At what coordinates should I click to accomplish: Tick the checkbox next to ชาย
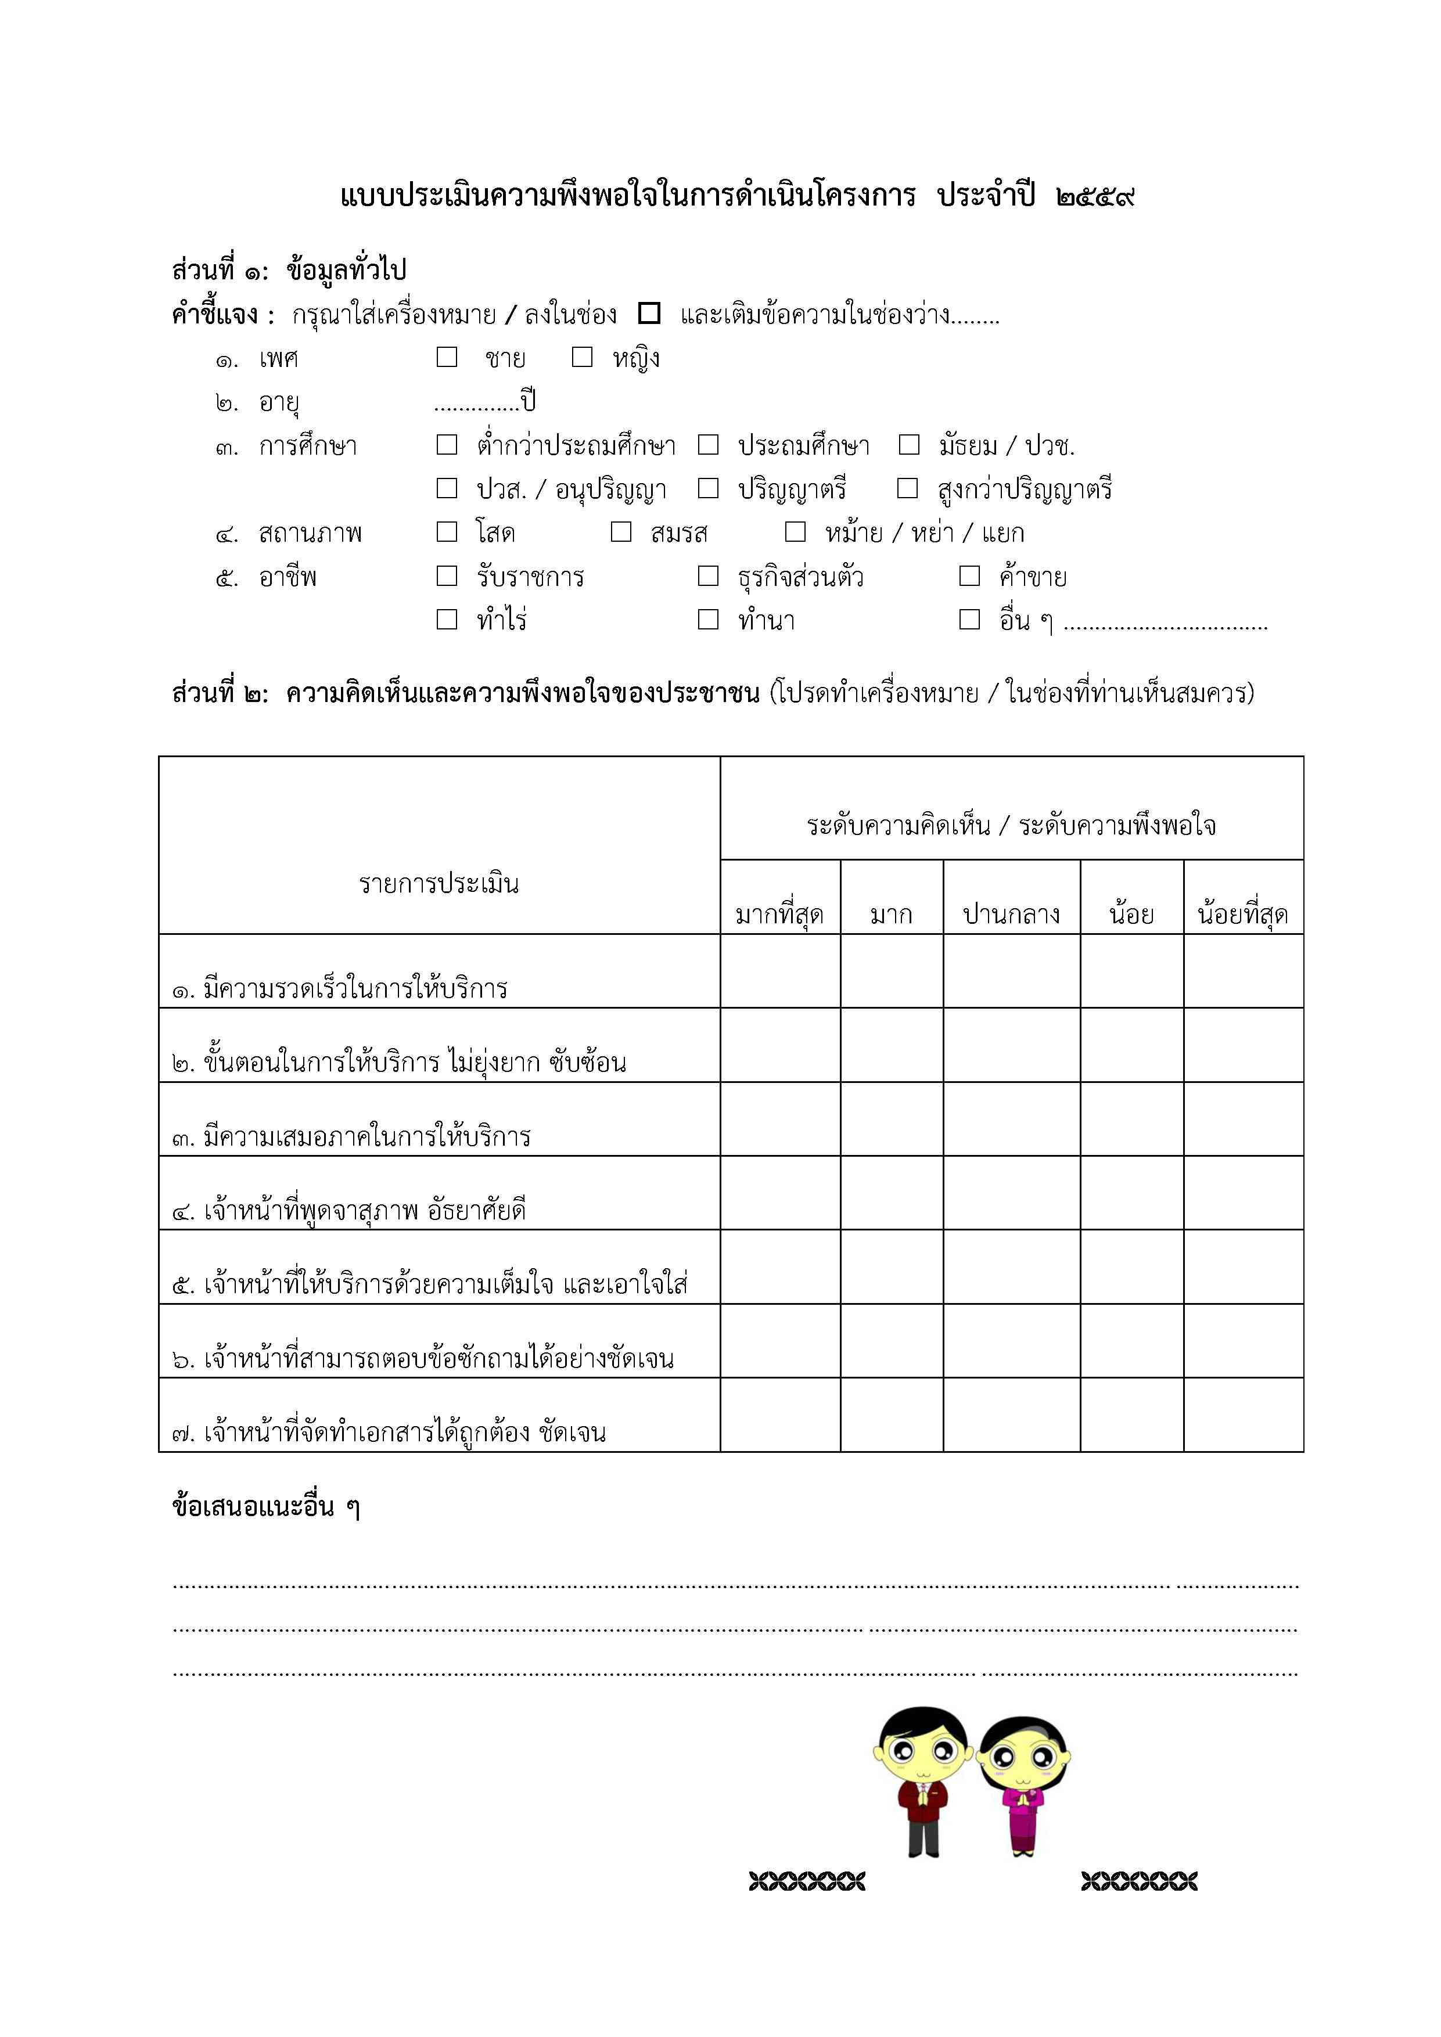447,357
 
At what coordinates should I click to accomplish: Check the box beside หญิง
582,357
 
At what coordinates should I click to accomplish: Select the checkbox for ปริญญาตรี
708,488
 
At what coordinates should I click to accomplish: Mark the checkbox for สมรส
621,531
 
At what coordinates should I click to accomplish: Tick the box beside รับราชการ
447,576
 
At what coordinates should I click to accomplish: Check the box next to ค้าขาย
970,576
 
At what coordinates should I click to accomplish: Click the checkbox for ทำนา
708,619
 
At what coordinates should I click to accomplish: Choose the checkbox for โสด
447,531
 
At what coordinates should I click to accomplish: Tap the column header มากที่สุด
780,914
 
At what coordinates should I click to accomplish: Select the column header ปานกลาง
1012,914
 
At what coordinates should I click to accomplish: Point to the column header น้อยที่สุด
1242,914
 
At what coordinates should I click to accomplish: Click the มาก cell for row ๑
892,971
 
